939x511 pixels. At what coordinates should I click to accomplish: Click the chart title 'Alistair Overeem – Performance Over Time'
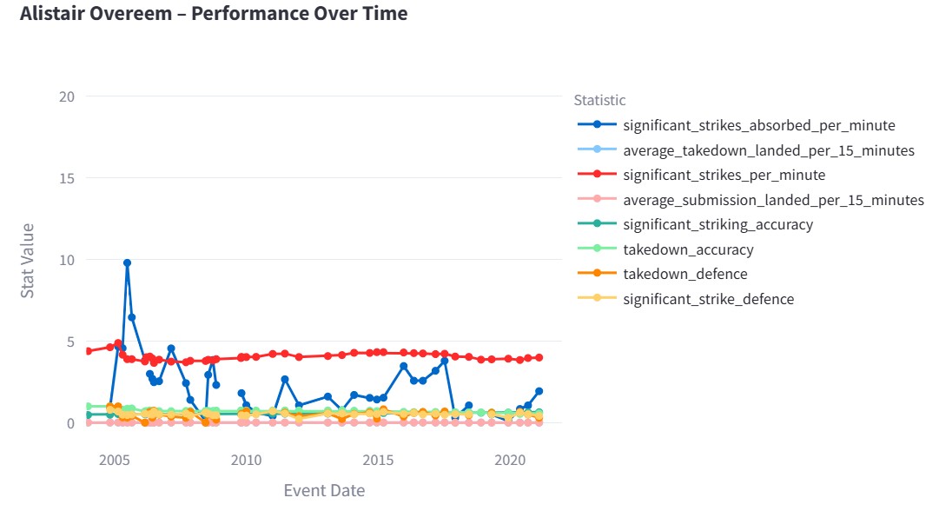[213, 14]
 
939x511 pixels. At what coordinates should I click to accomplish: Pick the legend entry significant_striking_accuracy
[717, 224]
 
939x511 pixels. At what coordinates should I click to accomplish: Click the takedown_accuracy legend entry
[688, 249]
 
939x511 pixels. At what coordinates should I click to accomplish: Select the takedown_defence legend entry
[684, 274]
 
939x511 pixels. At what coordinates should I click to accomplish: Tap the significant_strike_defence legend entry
[708, 299]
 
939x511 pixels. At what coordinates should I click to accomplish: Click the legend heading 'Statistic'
[599, 100]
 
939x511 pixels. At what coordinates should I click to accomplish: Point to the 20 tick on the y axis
[65, 96]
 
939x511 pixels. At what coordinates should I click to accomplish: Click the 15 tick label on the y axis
[65, 178]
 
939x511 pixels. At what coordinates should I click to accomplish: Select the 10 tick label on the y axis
[65, 260]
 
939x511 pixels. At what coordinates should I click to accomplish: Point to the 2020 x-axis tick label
[510, 459]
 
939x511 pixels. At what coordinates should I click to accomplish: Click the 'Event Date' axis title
[324, 490]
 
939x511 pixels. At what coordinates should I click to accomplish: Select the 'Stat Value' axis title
[28, 260]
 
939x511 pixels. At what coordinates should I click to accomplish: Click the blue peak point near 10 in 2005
[127, 262]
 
